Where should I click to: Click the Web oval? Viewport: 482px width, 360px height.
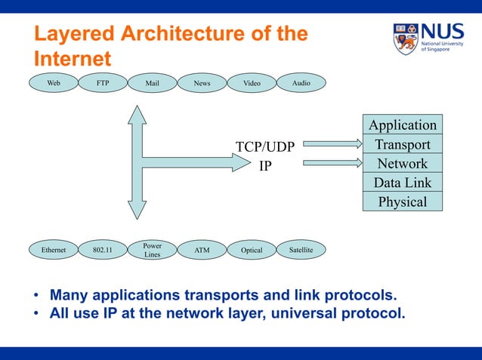[x=54, y=83]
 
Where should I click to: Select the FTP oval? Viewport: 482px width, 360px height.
[x=103, y=83]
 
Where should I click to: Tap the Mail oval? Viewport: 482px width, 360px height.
[x=152, y=83]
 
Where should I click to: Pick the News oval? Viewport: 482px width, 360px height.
[x=202, y=83]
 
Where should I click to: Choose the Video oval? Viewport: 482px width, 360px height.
[x=251, y=83]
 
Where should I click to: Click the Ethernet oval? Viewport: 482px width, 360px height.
[x=54, y=250]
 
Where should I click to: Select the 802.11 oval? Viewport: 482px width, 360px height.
[x=103, y=250]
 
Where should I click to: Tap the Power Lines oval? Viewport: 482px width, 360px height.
[x=152, y=250]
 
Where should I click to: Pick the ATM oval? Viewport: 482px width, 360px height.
[x=202, y=250]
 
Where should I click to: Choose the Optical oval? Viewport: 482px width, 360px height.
[x=251, y=250]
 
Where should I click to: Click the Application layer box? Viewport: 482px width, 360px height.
[x=402, y=125]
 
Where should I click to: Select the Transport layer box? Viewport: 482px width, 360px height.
[x=402, y=144]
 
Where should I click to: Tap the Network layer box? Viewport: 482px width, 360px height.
[x=402, y=163]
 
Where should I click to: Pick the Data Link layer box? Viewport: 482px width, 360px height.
[x=402, y=183]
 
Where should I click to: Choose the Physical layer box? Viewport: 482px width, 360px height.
[x=402, y=202]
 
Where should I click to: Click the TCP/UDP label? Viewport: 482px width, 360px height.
[x=264, y=146]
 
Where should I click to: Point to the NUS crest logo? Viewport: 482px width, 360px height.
[x=405, y=38]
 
